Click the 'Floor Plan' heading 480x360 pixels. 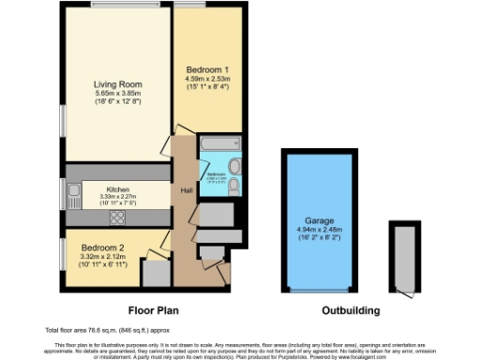tap(154, 308)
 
